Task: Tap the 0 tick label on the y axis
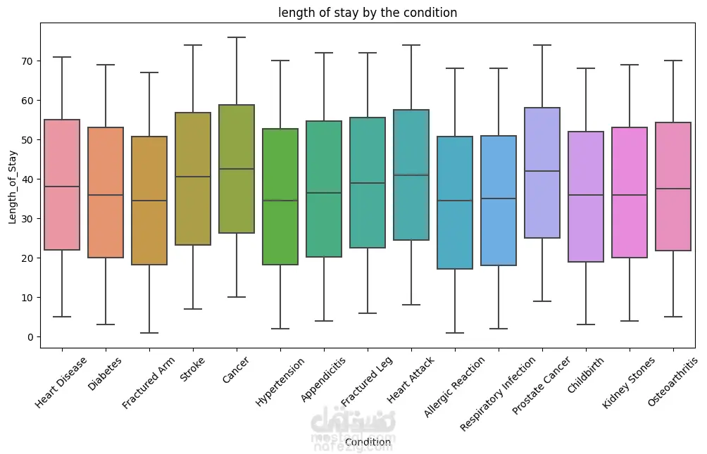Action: [31, 337]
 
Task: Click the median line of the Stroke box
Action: [193, 177]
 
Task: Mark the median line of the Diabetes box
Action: [106, 195]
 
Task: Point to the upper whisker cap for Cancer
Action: [237, 37]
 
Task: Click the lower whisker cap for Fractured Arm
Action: [149, 333]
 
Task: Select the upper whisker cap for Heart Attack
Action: [411, 45]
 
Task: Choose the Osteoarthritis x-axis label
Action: [673, 382]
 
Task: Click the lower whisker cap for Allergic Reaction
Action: [455, 333]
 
